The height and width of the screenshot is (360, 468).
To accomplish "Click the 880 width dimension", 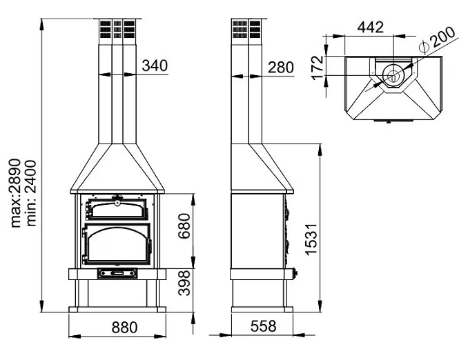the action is pos(124,327).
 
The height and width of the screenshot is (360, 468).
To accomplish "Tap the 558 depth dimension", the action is pos(263,326).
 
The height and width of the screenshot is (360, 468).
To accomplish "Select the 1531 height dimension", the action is pos(311,239).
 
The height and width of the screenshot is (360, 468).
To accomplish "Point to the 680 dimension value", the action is pos(184,226).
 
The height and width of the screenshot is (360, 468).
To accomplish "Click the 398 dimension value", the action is pos(184,283).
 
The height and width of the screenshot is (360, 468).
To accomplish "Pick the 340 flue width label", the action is pos(155,66).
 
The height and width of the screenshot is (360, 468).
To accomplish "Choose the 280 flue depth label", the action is pos(280,68).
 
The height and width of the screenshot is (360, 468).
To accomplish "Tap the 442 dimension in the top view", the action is pos(371,27).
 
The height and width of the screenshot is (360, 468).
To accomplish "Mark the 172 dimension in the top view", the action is pos(318,68).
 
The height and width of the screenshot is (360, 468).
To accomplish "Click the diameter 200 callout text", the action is pos(437,41).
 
